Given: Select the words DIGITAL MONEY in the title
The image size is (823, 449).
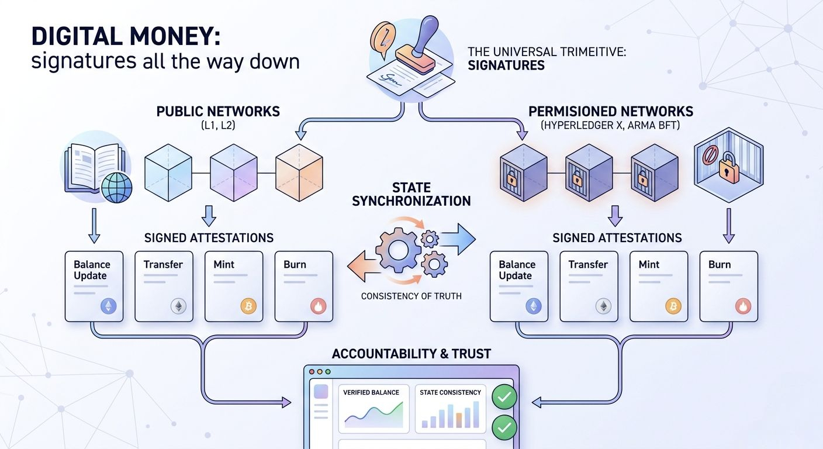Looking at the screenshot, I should point(126,36).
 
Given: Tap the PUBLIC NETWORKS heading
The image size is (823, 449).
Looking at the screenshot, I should point(218,111).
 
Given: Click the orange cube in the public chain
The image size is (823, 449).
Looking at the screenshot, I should point(299,172).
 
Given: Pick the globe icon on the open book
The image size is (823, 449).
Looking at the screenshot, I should point(117,186).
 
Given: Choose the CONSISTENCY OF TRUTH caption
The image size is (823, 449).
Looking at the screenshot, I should point(411,296).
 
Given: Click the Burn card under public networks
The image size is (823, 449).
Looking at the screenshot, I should point(303,286).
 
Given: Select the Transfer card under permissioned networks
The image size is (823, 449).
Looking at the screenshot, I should point(588,286).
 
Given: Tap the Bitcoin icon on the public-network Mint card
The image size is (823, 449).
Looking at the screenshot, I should point(248,306).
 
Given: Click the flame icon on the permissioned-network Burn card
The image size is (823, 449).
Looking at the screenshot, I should point(743,306).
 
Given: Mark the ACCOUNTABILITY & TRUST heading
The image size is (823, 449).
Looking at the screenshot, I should point(411,354).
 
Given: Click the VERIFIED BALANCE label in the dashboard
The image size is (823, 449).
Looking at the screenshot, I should point(371,392).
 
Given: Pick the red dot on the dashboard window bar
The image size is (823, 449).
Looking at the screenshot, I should point(312,372).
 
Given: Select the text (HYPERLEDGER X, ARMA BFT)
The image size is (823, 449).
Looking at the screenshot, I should point(611,125).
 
